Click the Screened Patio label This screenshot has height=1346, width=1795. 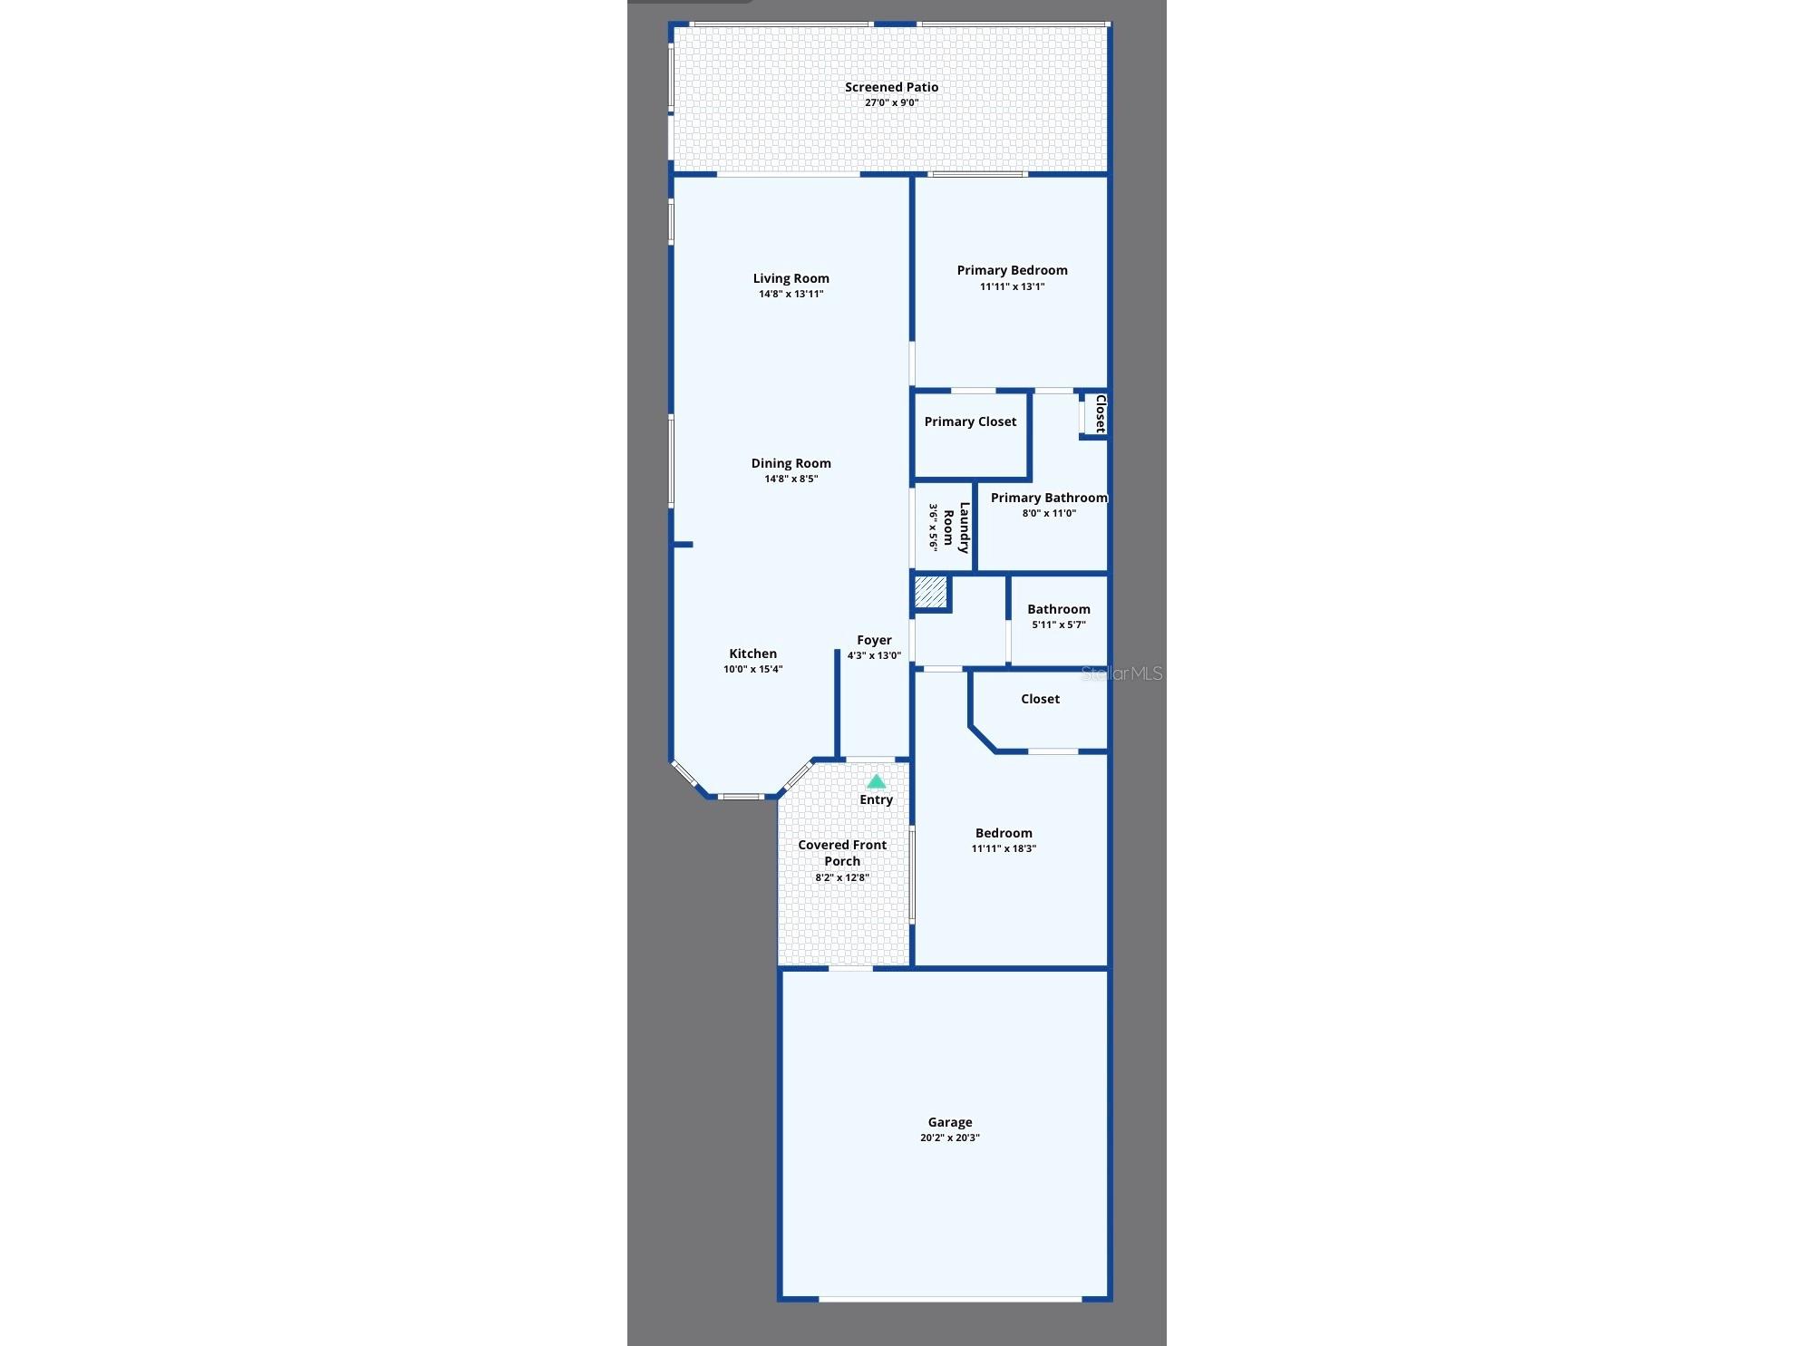891,87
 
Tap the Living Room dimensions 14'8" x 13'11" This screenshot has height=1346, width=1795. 791,294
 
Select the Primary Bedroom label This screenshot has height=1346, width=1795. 1012,270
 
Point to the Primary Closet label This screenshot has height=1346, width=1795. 970,421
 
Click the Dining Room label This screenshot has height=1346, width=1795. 791,463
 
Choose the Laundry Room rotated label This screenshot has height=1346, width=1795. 956,528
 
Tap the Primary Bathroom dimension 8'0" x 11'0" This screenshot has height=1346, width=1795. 1049,513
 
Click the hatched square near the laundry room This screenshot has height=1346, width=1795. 929,593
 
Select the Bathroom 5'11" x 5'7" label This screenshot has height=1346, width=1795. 1059,616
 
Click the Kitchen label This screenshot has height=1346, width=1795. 752,654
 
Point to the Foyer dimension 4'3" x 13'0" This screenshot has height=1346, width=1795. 874,655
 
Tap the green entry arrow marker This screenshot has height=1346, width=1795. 876,781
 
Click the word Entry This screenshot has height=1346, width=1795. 876,799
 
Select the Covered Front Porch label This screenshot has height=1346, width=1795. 842,853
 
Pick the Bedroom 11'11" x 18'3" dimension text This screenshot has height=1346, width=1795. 1004,848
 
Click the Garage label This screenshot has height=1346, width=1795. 950,1122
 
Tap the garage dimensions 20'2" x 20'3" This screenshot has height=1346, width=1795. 950,1138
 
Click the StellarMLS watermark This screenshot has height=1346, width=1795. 1121,673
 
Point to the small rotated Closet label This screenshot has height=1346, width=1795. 1101,413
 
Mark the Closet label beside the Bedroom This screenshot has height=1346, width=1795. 1040,699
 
